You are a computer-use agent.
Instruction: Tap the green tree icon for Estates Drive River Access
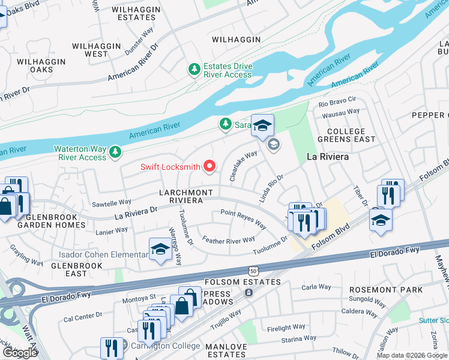pos(194,70)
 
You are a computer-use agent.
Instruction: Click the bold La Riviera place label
pos(328,157)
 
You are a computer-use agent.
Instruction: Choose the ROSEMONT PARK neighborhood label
pos(386,290)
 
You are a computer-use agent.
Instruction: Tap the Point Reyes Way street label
pos(243,219)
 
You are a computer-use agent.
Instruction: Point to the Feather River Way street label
pos(229,241)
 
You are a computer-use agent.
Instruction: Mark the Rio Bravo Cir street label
pos(337,101)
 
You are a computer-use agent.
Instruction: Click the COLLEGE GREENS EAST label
pos(351,135)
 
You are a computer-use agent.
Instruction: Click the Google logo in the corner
pos(20,353)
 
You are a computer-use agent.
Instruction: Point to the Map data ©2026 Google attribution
pos(412,355)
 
